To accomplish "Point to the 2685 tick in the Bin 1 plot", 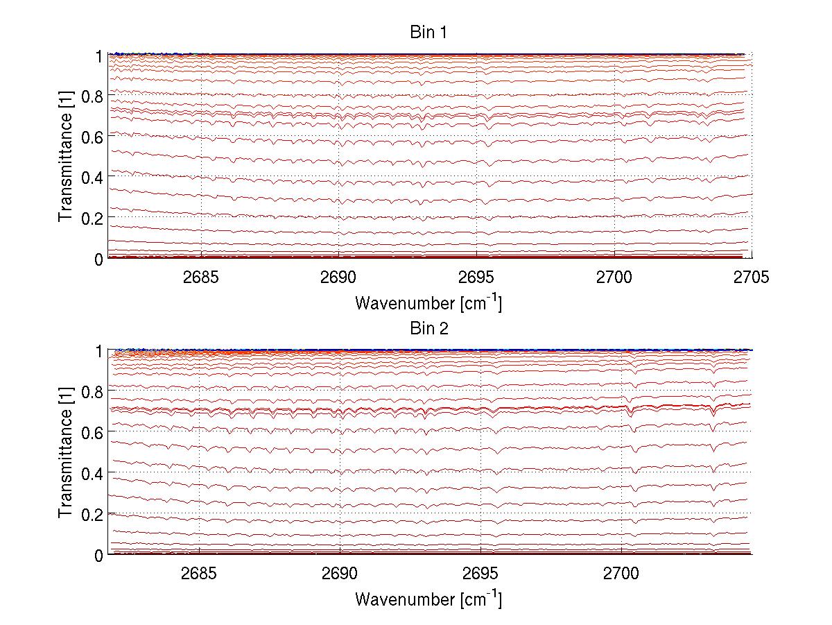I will click(x=201, y=277).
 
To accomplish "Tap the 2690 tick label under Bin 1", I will click(x=339, y=277).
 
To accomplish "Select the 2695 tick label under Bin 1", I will click(x=477, y=277).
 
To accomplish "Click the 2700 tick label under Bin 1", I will click(x=615, y=277).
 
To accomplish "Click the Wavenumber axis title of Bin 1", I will click(x=428, y=302).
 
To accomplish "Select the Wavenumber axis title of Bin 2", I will click(x=428, y=599).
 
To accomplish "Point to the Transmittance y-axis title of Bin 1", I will click(x=66, y=156).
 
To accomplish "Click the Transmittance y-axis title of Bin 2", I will click(x=66, y=453).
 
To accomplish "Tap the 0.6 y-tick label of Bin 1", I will click(x=94, y=137).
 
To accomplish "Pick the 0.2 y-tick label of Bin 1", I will click(x=94, y=218).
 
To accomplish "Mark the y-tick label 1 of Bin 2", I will click(x=101, y=352).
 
